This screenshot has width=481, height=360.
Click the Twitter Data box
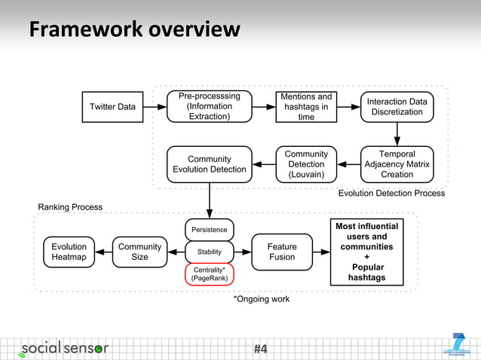pos(113,107)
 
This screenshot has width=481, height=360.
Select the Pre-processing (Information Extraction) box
pos(209,107)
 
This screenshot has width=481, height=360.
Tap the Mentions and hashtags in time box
pos(306,107)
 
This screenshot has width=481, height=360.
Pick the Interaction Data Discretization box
pos(397,107)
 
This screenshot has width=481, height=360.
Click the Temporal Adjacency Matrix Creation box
pos(397,164)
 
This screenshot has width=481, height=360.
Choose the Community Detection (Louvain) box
pos(306,164)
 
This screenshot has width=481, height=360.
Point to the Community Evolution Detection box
pos(209,164)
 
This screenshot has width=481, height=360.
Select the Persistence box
pos(209,230)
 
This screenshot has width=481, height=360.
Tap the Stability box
pos(209,252)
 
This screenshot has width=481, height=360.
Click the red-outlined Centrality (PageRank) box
pos(209,273)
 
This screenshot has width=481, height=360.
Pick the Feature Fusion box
pos(283,252)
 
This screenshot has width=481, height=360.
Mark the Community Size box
pos(139,252)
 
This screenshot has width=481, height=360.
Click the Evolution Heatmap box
pos(69,252)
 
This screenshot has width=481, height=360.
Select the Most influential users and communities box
pos(366,252)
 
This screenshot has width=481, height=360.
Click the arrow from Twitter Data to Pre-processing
pos(156,107)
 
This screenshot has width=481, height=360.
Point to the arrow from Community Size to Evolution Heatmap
pos(104,252)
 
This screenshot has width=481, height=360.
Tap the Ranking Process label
pos(70,206)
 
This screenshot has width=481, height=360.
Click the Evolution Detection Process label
pos(391,194)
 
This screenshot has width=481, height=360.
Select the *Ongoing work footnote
pos(262,299)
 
